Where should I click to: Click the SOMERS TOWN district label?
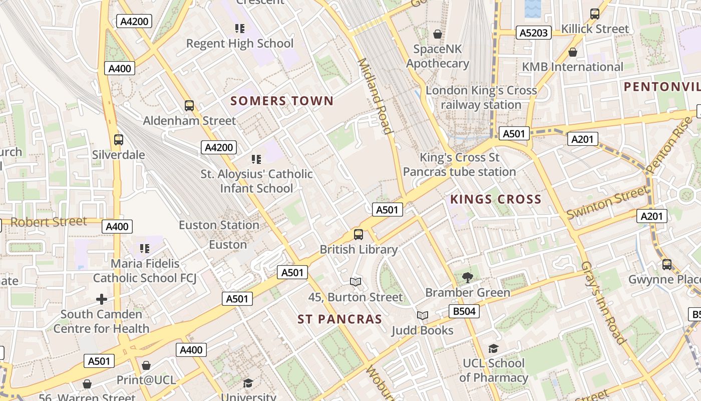coord(282,101)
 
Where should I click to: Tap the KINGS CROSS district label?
coord(496,199)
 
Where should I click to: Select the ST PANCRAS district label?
coord(339,319)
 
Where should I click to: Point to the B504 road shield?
coord(464,311)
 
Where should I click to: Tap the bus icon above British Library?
coord(359,234)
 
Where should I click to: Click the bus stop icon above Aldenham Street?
coord(189,106)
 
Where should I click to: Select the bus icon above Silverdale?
coord(119,140)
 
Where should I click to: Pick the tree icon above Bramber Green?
coord(467,277)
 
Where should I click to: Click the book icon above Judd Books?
coord(423,315)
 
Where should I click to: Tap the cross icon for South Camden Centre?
coord(102,299)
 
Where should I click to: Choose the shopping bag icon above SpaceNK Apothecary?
coord(438,34)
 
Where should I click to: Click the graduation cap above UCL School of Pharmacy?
coord(494,348)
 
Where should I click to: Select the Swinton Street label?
coord(607,202)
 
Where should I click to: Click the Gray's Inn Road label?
coord(604,303)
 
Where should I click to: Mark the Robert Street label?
coord(49,222)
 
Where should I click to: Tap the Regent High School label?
coord(240,44)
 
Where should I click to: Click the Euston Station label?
coord(219,225)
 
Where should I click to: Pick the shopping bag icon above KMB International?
coord(573,52)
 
